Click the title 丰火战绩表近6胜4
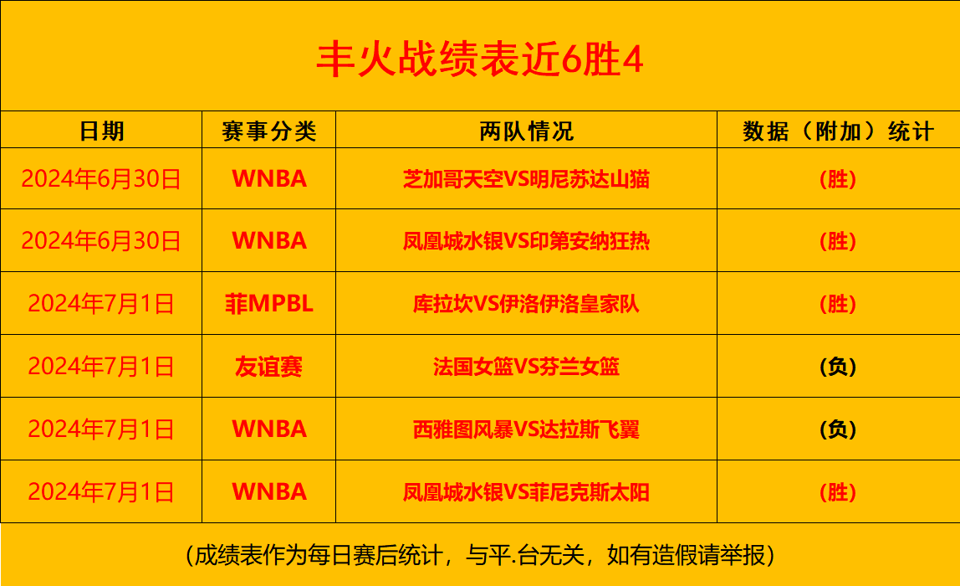click(480, 59)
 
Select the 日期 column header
click(102, 131)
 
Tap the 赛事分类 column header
click(268, 131)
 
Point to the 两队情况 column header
click(526, 131)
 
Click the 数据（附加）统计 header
click(838, 131)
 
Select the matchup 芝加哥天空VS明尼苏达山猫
click(526, 179)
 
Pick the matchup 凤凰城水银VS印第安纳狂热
click(526, 241)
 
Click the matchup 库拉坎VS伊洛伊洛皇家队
click(526, 303)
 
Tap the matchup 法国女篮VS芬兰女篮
click(526, 367)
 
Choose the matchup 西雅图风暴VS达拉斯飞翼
click(526, 429)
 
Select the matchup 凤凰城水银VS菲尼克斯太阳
click(526, 492)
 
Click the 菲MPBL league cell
click(268, 303)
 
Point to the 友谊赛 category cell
click(268, 367)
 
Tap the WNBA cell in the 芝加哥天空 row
click(268, 179)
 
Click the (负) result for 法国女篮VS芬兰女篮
click(838, 367)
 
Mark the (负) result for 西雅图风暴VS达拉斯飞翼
click(838, 429)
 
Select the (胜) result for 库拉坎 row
click(838, 303)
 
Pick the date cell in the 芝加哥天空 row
click(101, 179)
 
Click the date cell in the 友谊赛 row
click(101, 367)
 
